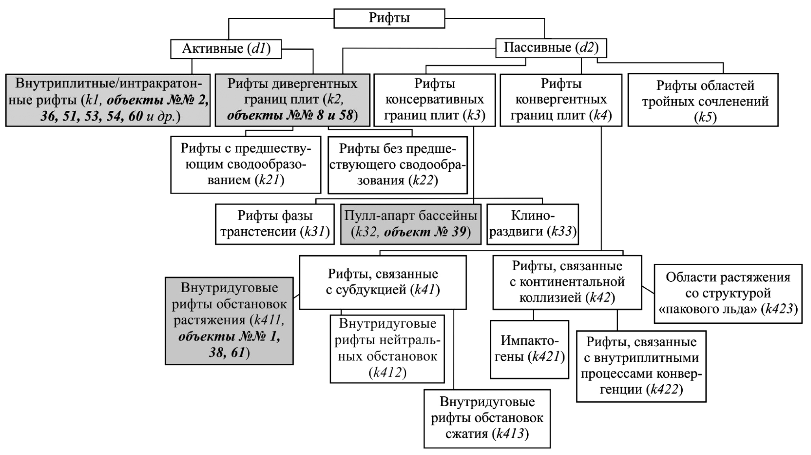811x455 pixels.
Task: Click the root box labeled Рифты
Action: click(389, 19)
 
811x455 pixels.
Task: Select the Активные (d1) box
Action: click(226, 49)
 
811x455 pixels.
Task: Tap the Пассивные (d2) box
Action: click(550, 48)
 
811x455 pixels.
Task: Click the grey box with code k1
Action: click(108, 100)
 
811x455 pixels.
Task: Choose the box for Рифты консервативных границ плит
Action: click(434, 100)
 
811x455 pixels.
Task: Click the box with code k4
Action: click(561, 100)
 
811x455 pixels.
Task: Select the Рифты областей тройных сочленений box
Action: click(703, 100)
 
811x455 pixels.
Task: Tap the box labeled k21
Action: click(246, 165)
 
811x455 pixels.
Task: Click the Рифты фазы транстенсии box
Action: click(274, 224)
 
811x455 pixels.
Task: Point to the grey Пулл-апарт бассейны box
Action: click(411, 224)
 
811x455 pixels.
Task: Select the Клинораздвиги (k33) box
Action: click(532, 224)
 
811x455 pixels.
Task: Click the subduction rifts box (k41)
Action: click(383, 282)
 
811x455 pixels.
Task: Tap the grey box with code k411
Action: click(229, 321)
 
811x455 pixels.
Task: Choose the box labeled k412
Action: click(387, 349)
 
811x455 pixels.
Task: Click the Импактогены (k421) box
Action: click(529, 349)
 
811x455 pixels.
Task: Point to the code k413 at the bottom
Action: click(511, 434)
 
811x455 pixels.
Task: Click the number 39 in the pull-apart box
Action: click(458, 232)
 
